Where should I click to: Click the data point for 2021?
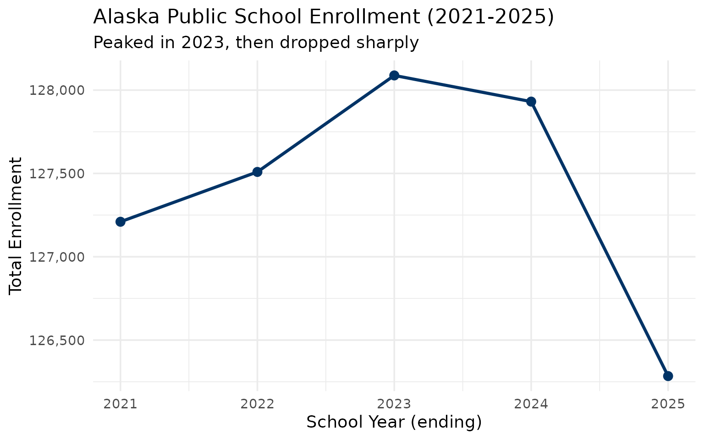120,222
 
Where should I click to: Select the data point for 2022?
257,172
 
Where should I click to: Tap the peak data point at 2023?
394,75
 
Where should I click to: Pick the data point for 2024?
531,102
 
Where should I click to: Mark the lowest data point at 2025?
668,376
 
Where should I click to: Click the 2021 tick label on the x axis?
120,404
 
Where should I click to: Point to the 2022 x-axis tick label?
257,404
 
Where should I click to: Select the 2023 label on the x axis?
394,404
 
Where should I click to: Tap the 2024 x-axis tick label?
531,404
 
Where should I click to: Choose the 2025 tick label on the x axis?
668,404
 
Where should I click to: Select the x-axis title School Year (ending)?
394,422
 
